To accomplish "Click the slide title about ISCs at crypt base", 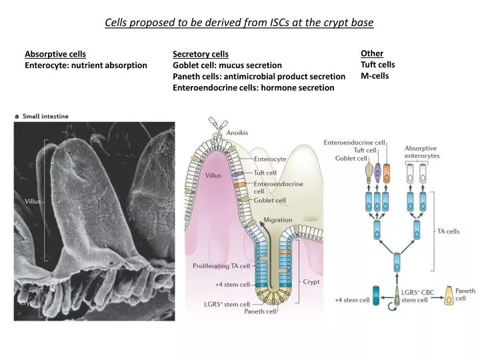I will [239, 22].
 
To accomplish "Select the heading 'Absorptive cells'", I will [55, 54].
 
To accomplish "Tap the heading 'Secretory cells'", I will [200, 54].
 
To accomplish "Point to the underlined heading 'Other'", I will [372, 53].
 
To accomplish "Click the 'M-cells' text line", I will [375, 75].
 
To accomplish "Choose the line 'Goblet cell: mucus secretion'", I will [227, 65].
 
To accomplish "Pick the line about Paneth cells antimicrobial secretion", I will [259, 76].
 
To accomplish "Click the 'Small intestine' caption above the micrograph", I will [45, 116].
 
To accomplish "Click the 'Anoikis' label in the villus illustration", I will [237, 133].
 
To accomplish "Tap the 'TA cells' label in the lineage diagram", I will [447, 231].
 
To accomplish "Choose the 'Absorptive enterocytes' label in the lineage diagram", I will [421, 151].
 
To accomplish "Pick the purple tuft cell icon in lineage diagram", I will [378, 173].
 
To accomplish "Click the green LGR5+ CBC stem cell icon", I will [398, 296].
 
